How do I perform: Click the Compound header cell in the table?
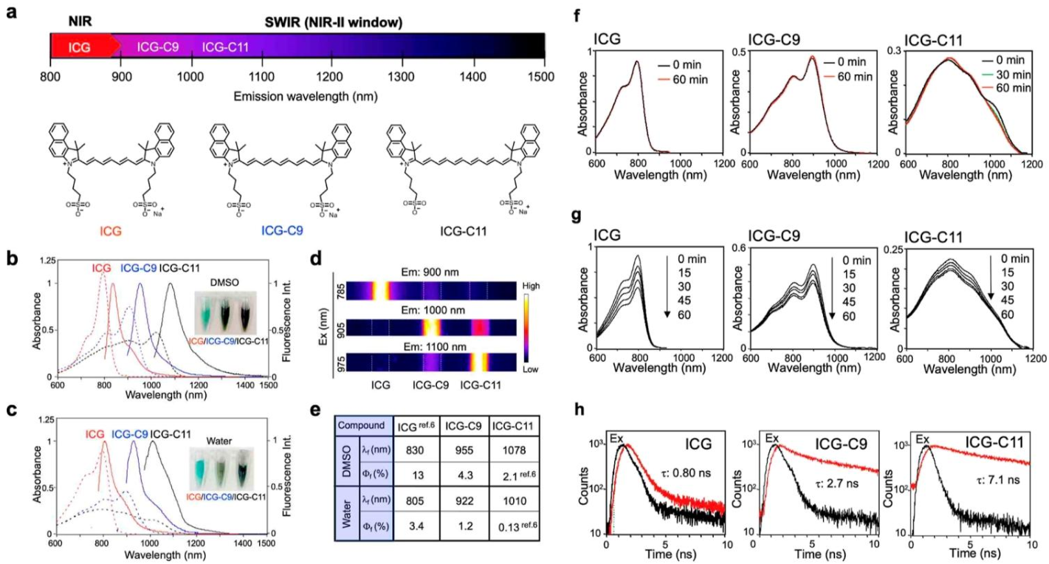[361, 425]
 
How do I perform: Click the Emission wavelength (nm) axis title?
[297, 97]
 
